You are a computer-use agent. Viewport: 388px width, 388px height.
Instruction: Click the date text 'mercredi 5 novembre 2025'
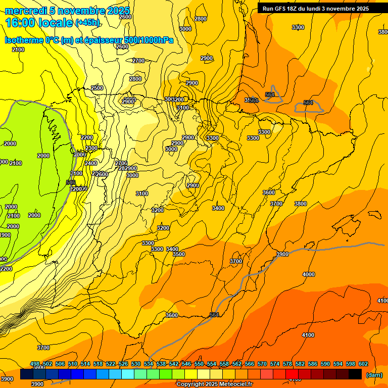pos(67,11)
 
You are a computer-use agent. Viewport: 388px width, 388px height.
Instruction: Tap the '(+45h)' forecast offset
pos(87,23)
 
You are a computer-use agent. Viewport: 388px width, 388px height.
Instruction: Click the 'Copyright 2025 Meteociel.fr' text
pos(214,384)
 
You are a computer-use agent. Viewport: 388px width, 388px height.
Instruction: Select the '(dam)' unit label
pos(374,374)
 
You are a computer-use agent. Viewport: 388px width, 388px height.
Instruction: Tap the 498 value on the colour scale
pos(35,364)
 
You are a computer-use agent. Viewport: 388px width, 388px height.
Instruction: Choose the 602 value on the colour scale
pos(363,364)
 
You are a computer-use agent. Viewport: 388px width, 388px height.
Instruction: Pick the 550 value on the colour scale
pos(199,364)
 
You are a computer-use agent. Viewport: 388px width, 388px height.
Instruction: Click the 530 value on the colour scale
pos(136,364)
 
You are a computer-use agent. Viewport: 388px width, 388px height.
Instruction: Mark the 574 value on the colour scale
pos(275,364)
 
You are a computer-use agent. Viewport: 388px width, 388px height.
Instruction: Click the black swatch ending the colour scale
pos(355,374)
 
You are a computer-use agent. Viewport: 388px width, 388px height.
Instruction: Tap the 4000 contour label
pos(308,274)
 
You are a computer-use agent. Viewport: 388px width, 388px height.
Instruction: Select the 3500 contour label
pos(179,254)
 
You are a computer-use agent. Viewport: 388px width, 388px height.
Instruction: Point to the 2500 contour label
pos(97,88)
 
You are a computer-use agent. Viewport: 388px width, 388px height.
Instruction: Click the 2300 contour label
pos(91,148)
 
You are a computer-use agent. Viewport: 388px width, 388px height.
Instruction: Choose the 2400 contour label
pos(91,163)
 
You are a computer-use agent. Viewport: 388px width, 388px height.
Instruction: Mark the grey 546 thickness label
pos(71,182)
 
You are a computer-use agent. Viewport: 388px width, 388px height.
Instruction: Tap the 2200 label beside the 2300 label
pos(87,137)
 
